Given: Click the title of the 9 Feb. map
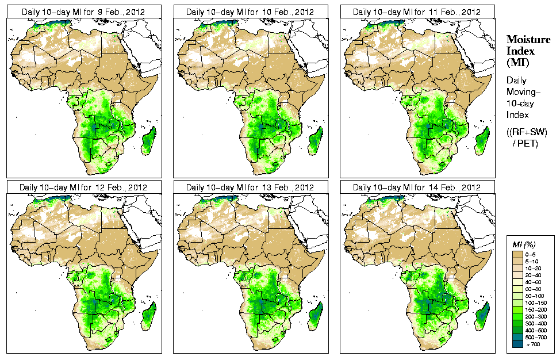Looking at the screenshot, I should pos(83,12).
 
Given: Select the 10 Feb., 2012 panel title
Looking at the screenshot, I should pos(250,12).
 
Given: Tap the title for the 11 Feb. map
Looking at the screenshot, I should pos(417,12).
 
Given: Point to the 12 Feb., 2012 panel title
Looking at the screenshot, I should pos(83,187).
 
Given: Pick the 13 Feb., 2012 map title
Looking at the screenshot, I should pos(250,187).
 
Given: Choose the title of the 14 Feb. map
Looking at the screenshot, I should pos(417,187).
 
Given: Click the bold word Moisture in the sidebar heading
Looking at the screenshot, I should pos(528,39).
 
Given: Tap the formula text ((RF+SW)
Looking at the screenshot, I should pos(527,132).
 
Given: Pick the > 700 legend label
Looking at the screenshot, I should pos(533,345).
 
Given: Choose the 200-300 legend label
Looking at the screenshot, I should pos(535,317).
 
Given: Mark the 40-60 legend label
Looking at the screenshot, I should pos(534,282).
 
